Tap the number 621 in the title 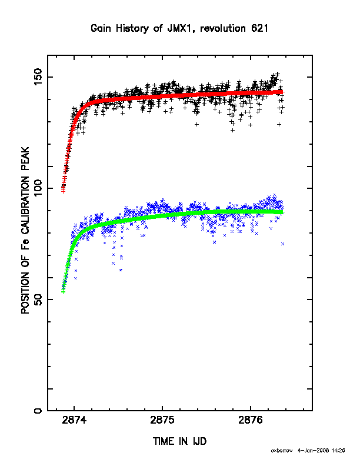click(x=259, y=28)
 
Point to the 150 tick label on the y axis click(x=39, y=76)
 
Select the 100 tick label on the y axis click(x=39, y=188)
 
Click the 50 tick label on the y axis click(x=39, y=299)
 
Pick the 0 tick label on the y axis click(x=39, y=411)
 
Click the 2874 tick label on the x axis click(x=74, y=420)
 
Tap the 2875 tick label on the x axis click(x=162, y=420)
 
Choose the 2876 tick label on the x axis click(x=251, y=420)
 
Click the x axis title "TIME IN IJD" click(x=179, y=441)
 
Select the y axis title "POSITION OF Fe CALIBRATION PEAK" click(x=25, y=230)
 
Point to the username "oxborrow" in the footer click(x=282, y=451)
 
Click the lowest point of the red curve click(x=63, y=191)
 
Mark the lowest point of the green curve click(x=63, y=292)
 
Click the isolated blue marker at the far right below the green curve click(x=282, y=244)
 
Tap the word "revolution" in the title click(x=223, y=28)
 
